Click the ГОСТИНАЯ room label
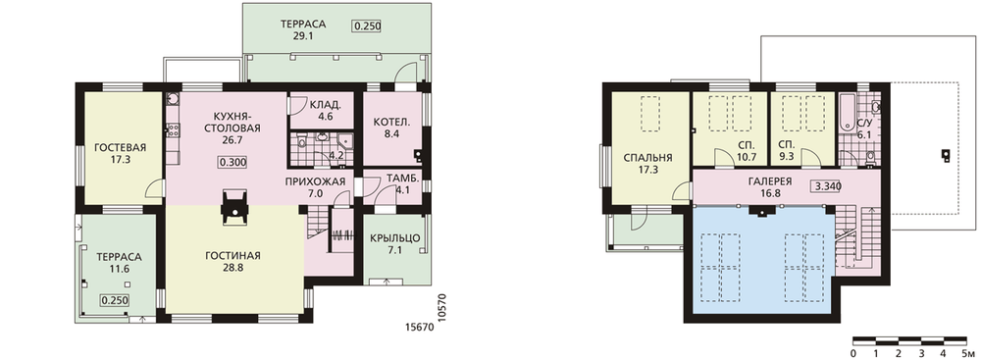click(232, 255)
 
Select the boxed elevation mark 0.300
click(232, 162)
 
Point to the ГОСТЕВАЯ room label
click(120, 148)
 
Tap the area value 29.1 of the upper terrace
click(303, 36)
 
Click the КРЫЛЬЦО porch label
click(394, 238)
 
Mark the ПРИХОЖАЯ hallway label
click(315, 182)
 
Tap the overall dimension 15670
click(420, 327)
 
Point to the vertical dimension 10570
click(443, 309)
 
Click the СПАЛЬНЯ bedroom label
click(648, 158)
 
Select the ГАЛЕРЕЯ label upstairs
click(770, 181)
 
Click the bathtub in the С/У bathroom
click(846, 113)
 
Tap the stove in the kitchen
click(174, 130)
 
